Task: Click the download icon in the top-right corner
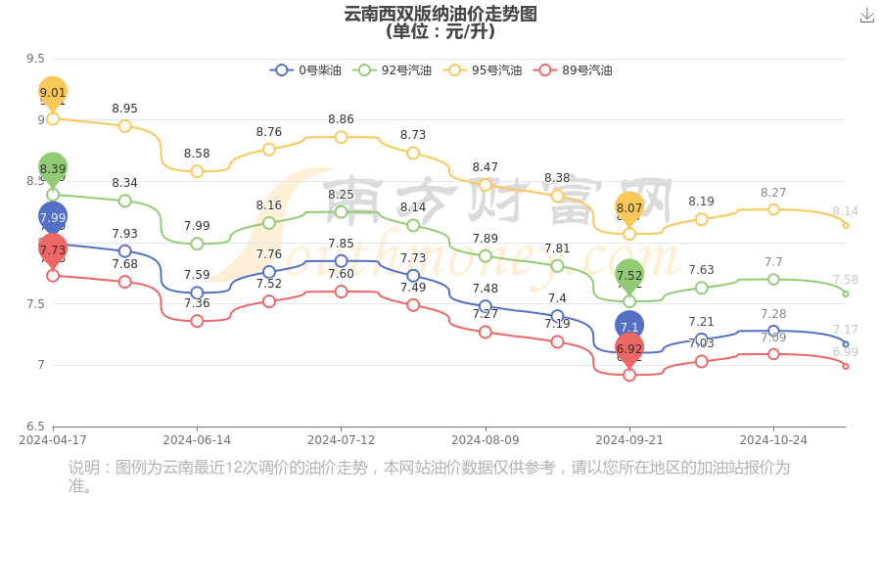867,16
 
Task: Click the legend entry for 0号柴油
306,70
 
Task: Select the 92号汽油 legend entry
393,70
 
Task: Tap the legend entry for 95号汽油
483,70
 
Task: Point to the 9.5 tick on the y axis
35,59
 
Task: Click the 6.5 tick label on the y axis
35,427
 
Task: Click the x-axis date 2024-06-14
197,440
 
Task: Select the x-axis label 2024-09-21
629,440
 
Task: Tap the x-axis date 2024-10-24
773,440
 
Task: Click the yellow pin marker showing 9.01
53,92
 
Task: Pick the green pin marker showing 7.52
629,275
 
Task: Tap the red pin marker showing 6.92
629,348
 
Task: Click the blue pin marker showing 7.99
53,217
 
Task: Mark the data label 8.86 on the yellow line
341,119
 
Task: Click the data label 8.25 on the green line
341,195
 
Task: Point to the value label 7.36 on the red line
197,303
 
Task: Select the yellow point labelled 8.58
197,171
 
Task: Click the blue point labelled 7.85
341,261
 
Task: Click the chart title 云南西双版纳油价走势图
440,14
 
